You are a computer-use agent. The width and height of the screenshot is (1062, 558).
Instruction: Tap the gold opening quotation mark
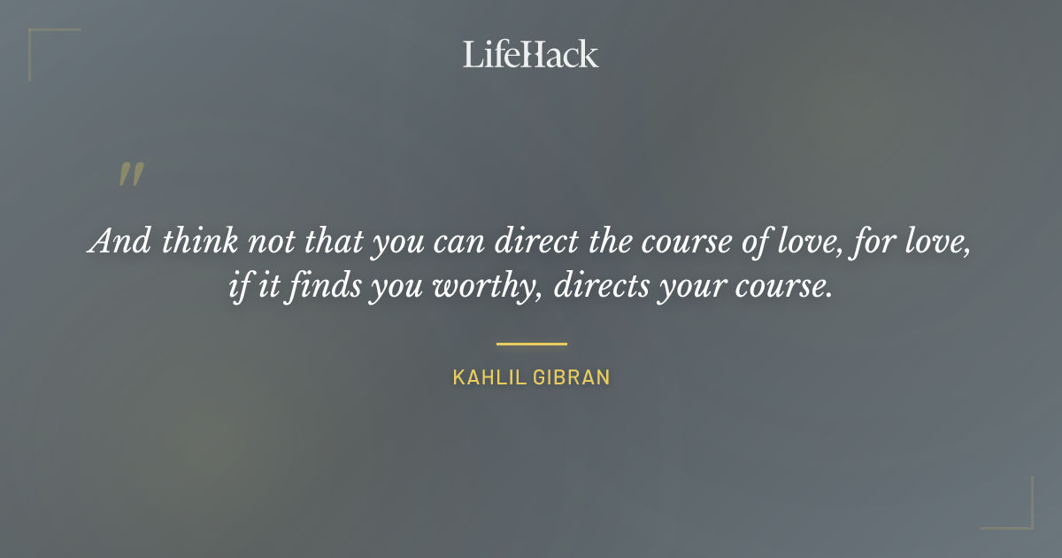click(x=130, y=174)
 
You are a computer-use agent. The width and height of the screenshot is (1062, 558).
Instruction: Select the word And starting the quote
click(x=119, y=242)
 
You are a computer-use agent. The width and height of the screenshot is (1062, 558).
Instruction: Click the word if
click(x=240, y=288)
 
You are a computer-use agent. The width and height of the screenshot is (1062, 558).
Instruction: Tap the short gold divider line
click(x=531, y=344)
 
